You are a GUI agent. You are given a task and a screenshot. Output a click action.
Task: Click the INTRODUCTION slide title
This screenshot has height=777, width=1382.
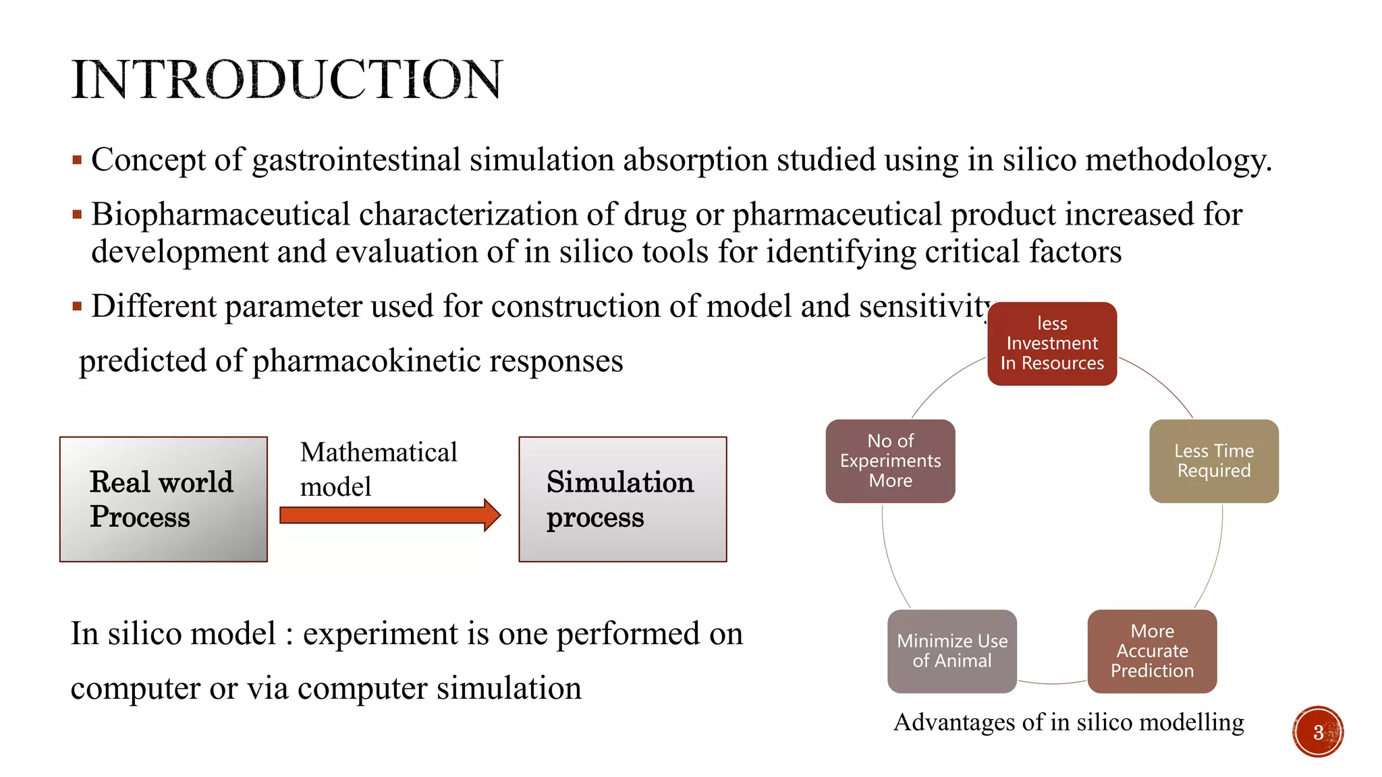(287, 80)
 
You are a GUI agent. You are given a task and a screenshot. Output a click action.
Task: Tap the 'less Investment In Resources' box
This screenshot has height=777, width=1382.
(1051, 344)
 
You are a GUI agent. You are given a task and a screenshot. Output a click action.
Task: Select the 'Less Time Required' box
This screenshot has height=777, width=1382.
(1213, 461)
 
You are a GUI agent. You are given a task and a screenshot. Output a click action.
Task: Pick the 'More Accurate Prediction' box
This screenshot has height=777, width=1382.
(1152, 652)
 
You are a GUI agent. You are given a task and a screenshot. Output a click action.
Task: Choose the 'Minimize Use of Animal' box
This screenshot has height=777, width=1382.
(951, 652)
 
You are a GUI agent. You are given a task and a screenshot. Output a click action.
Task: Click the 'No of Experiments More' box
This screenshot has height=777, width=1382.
(890, 461)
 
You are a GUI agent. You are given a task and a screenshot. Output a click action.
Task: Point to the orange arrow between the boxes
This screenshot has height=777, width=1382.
(389, 515)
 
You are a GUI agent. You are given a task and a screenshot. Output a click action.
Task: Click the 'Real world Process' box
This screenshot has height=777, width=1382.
(163, 499)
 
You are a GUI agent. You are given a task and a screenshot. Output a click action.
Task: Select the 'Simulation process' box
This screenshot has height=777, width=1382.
(622, 499)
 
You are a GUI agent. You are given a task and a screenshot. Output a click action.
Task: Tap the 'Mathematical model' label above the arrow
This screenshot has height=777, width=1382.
(378, 469)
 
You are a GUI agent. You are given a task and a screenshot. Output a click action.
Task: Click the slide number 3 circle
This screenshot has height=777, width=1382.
(1318, 732)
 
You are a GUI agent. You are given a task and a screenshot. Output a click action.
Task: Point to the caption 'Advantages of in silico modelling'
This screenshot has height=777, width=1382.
(1068, 722)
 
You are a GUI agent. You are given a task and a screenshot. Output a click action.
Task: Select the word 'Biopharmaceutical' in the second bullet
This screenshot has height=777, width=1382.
(220, 214)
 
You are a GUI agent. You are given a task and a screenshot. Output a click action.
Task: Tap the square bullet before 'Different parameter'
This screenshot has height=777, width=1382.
(77, 307)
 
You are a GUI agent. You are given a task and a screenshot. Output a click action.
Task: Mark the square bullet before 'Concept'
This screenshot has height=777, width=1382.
(77, 161)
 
